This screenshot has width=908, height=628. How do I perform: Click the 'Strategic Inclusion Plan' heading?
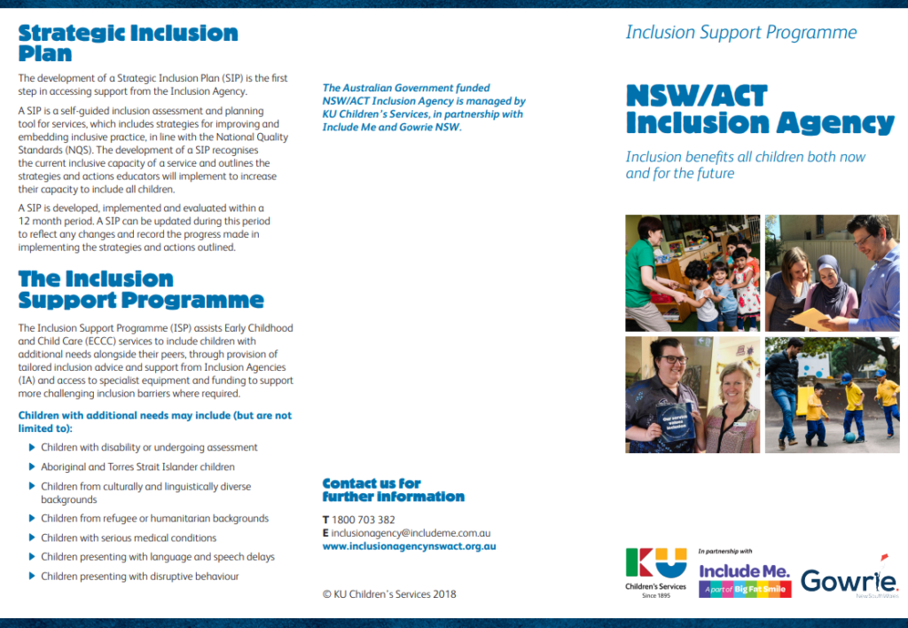click(x=128, y=43)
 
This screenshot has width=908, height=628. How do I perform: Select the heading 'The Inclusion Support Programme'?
click(x=141, y=289)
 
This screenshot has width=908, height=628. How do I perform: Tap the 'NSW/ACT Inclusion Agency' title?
click(x=760, y=108)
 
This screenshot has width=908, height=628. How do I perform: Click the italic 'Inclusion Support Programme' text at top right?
click(x=741, y=33)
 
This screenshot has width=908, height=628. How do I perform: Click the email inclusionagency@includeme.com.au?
click(x=411, y=533)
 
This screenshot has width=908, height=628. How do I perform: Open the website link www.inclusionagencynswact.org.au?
click(x=409, y=546)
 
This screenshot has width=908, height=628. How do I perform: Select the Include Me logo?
click(x=744, y=578)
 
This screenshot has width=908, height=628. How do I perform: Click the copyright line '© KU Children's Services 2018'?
click(x=389, y=594)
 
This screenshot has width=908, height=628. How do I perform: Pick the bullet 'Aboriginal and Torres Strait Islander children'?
click(x=137, y=467)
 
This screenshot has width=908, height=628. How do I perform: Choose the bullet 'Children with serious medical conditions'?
click(x=129, y=538)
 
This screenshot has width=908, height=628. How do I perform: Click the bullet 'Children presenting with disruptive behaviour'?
click(x=140, y=577)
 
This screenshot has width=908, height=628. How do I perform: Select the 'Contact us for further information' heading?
click(x=393, y=490)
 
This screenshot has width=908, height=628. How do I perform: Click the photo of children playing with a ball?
click(x=832, y=395)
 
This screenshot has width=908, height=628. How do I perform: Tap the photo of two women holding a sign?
click(x=693, y=395)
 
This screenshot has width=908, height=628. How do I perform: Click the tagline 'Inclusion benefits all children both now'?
click(x=745, y=157)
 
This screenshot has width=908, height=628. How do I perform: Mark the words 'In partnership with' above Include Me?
click(x=724, y=551)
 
